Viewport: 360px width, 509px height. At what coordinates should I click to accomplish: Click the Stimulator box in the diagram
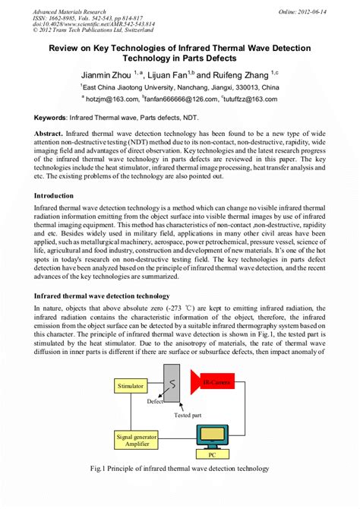click(131, 386)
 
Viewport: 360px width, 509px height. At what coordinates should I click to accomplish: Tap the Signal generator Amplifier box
click(137, 442)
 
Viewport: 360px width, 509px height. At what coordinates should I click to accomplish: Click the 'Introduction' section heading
click(54, 195)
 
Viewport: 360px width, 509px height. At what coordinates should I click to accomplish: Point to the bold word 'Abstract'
click(48, 132)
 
